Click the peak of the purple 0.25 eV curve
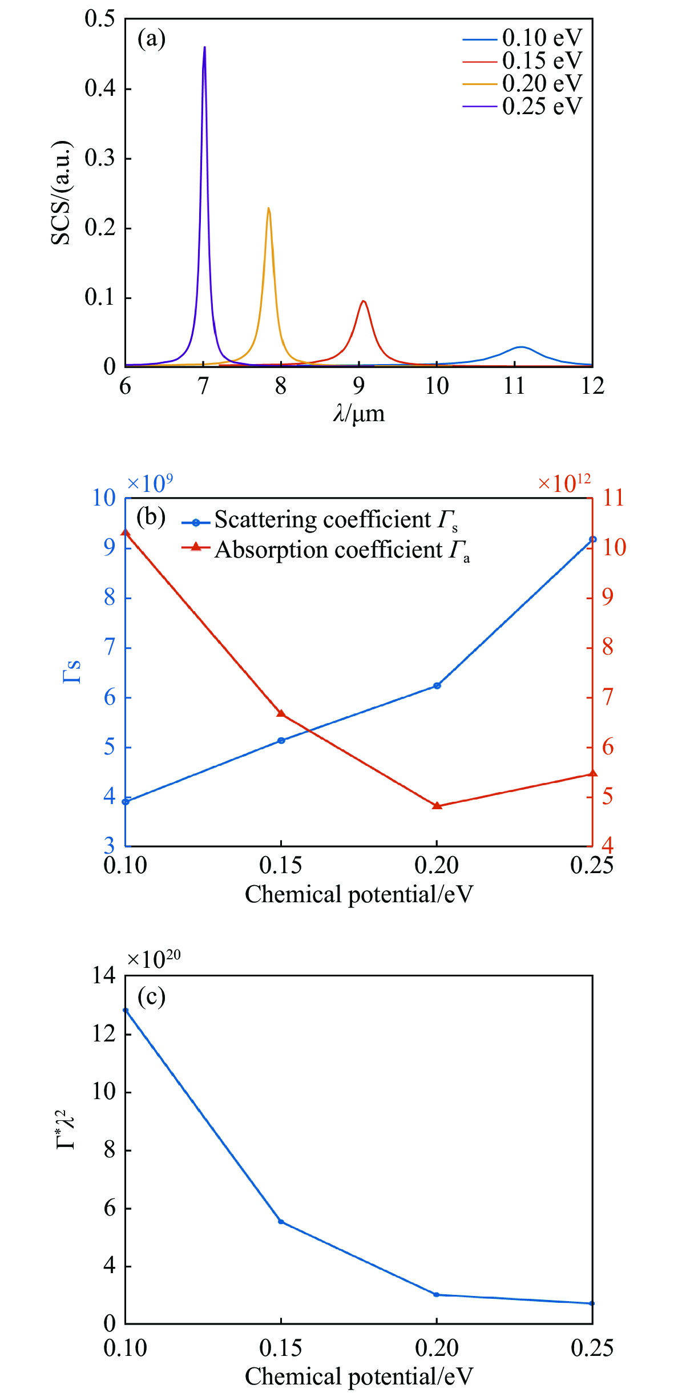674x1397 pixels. tap(204, 48)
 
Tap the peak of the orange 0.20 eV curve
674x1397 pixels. tap(268, 209)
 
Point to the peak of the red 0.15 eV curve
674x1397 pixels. tap(362, 301)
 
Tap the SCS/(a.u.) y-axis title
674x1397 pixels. tap(62, 193)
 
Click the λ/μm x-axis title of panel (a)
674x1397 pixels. tap(359, 414)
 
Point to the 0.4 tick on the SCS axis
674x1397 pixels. tap(100, 88)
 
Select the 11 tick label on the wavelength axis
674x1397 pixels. tap(514, 386)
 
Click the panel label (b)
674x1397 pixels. tap(151, 516)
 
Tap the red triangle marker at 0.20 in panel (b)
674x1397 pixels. tap(437, 806)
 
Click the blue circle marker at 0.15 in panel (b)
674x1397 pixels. tap(281, 740)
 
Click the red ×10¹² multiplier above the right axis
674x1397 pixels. tap(564, 483)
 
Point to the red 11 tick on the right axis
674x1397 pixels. tap(614, 498)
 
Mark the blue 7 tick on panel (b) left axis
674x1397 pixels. tap(110, 648)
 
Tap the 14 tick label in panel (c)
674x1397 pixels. tap(104, 976)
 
